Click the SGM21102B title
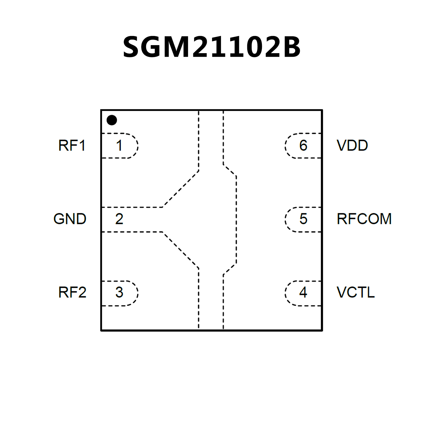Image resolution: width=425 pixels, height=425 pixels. (x=212, y=47)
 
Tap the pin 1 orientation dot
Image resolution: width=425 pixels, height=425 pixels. (x=112, y=120)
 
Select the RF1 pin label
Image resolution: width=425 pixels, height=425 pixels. (x=72, y=146)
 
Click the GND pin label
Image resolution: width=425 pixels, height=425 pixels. (x=70, y=219)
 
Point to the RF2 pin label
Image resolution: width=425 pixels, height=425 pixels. (x=72, y=292)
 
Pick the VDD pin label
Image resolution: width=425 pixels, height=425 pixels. (x=352, y=146)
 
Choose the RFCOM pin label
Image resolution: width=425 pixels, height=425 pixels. (x=364, y=219)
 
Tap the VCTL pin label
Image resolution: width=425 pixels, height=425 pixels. (x=356, y=292)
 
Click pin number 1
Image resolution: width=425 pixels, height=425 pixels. (x=119, y=146)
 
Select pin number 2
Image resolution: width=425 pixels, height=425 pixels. (x=119, y=219)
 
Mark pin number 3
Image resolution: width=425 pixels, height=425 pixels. (x=119, y=292)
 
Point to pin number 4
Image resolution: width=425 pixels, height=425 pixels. (x=303, y=292)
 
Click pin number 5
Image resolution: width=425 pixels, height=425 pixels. (x=303, y=219)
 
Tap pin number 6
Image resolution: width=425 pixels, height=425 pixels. (x=303, y=146)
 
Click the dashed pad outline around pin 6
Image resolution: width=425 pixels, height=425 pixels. (x=285, y=146)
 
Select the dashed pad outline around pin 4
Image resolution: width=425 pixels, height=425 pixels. (x=285, y=293)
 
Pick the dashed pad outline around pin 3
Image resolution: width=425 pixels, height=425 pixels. (x=138, y=293)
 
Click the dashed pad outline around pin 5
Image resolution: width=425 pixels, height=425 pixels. (x=285, y=220)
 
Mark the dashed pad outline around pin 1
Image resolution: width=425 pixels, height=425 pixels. (x=138, y=146)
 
